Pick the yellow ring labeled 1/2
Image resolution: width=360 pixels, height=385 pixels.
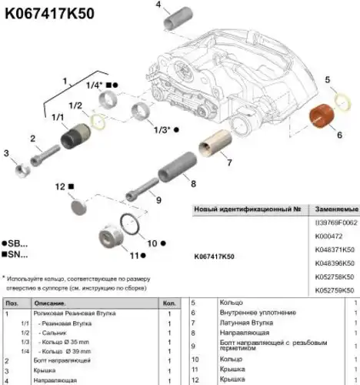(x=98, y=119)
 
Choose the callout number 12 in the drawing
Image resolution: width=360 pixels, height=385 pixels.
(x=60, y=186)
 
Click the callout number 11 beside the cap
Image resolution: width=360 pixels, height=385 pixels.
(x=134, y=255)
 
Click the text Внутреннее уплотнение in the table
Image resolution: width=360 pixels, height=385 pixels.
(x=258, y=313)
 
